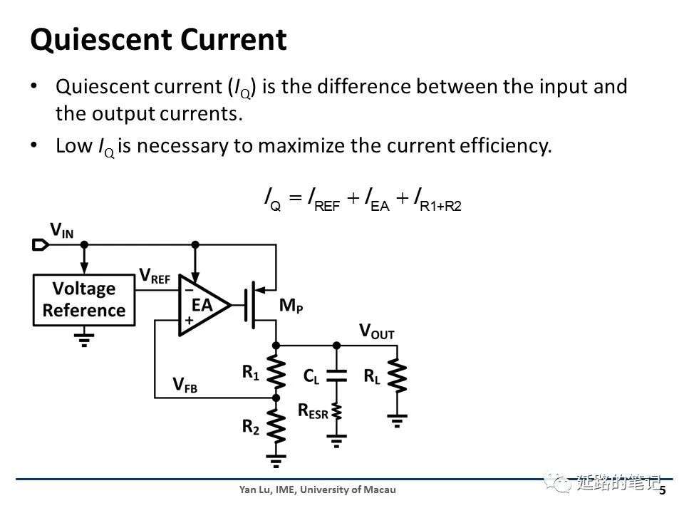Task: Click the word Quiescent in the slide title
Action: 101,40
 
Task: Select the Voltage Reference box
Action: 84,300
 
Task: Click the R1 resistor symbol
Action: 276,371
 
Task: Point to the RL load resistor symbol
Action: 397,375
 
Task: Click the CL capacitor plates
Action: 336,375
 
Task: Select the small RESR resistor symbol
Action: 336,412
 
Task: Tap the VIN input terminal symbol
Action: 41,244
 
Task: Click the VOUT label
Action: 376,331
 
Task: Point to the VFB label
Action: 185,385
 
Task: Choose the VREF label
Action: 155,276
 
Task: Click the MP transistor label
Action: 291,306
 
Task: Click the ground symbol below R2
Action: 276,461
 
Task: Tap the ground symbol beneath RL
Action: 397,421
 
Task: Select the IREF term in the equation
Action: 324,199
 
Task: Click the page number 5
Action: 663,491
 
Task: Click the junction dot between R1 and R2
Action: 276,398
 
